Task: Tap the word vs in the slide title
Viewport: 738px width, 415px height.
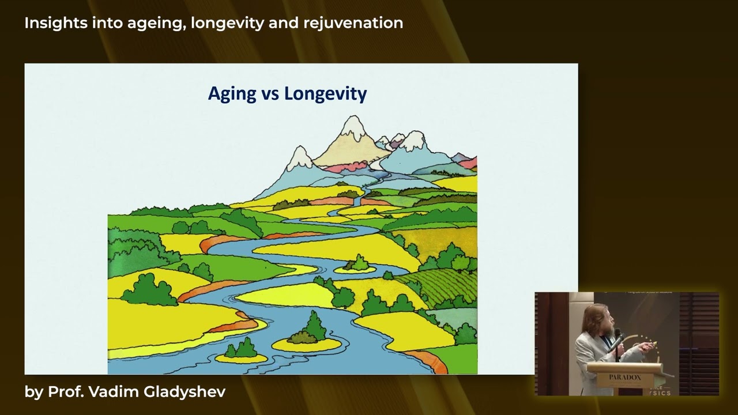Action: coord(269,95)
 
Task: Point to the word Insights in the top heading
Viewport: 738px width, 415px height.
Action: coord(55,23)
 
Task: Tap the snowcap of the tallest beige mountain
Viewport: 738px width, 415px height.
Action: coord(353,128)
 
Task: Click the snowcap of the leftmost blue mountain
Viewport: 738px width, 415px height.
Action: coord(299,159)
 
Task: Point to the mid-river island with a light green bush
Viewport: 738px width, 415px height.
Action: coord(356,265)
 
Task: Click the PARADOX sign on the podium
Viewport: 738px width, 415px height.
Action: coord(625,377)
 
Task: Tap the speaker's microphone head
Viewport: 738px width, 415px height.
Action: coord(617,333)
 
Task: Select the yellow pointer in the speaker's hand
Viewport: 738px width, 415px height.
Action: coord(652,345)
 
